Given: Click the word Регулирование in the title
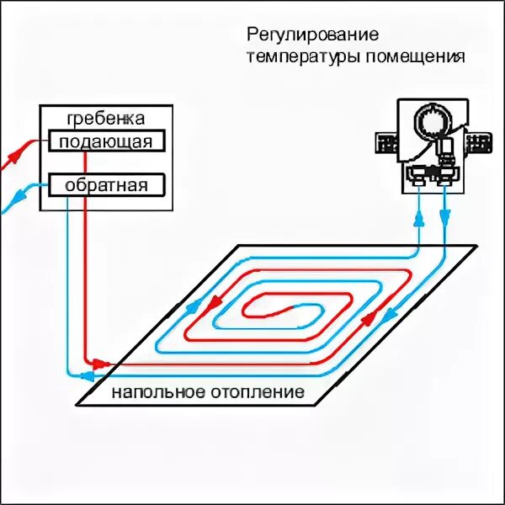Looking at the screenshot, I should [x=312, y=35].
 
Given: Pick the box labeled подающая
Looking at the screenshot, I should [x=106, y=141].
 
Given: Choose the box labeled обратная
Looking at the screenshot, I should [x=106, y=184].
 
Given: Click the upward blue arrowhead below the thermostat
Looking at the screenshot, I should [x=417, y=221].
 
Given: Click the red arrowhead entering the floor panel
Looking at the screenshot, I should [x=101, y=364].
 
